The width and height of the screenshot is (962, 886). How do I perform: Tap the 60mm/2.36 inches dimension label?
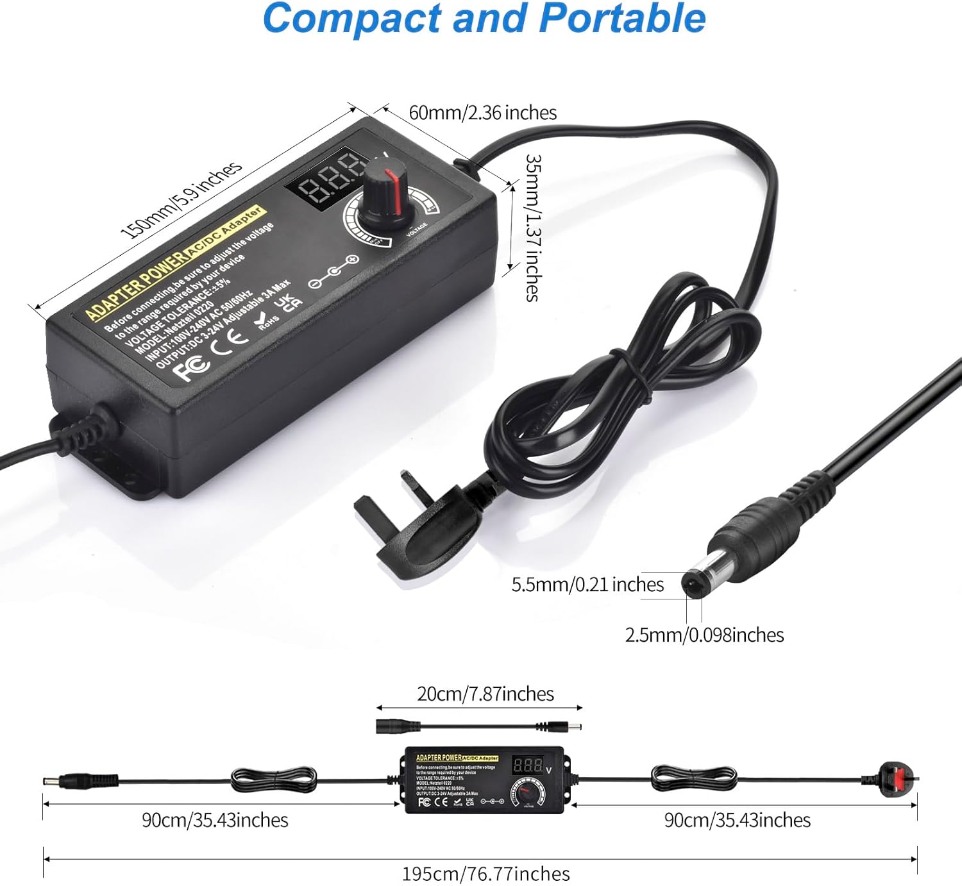click(482, 113)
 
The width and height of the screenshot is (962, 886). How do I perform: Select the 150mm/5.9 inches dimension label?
click(181, 200)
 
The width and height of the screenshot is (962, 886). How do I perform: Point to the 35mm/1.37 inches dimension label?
click(532, 228)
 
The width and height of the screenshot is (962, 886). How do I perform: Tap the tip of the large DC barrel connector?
click(693, 584)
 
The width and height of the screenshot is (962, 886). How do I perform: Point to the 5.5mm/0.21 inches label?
click(587, 585)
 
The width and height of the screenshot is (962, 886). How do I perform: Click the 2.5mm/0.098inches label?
click(704, 635)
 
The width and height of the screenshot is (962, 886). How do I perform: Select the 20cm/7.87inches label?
click(485, 694)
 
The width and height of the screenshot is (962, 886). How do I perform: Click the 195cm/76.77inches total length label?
click(485, 874)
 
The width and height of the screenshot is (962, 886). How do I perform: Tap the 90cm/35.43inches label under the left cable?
click(215, 820)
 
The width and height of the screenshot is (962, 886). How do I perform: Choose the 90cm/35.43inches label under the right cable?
click(737, 820)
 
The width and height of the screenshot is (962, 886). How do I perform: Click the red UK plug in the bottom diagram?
click(898, 779)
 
